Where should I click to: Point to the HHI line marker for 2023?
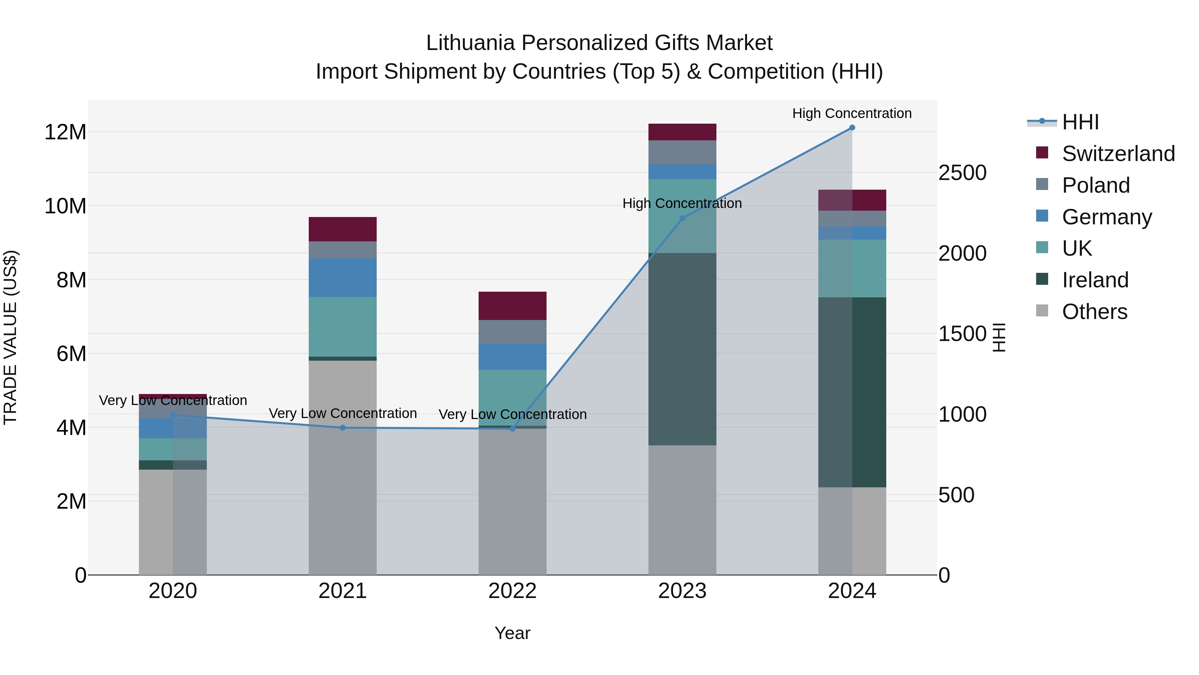click(x=682, y=218)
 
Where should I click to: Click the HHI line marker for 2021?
click(x=343, y=428)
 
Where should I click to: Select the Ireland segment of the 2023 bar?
click(x=682, y=349)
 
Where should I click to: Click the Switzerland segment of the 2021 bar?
click(x=343, y=229)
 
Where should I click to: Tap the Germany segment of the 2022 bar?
click(x=513, y=357)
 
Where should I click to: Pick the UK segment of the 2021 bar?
click(x=343, y=327)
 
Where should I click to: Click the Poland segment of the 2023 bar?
click(x=682, y=152)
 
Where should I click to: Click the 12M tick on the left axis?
click(x=65, y=132)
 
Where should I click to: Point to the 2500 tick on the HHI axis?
click(x=962, y=173)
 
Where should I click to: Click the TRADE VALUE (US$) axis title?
click(x=10, y=337)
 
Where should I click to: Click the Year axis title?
click(x=513, y=633)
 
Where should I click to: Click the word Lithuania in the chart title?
click(x=470, y=43)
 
